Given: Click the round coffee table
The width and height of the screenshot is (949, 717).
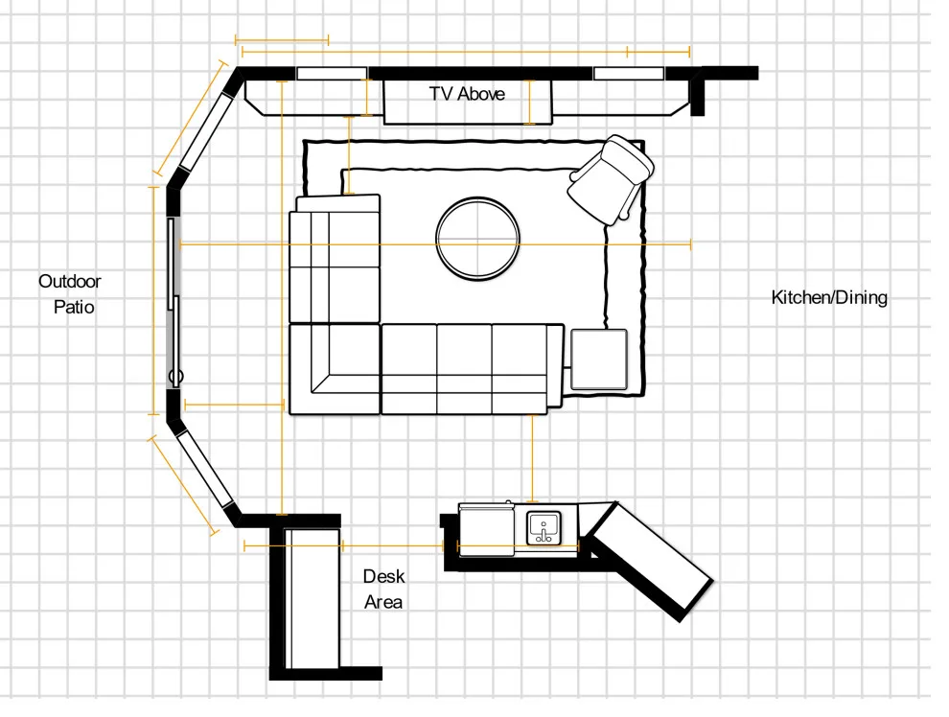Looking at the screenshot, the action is pos(477,239).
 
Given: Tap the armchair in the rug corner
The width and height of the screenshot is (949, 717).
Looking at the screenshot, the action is pos(610,179).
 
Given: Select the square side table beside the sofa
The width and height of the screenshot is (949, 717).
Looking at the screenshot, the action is pos(598,359).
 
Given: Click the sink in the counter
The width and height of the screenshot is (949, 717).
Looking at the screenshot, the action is pos(544,527).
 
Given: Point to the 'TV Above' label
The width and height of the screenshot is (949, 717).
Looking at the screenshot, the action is pos(467,94).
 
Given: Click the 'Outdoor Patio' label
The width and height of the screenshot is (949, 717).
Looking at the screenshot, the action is pos(70,294).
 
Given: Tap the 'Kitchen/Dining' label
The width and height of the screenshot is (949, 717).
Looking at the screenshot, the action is pos(829,297).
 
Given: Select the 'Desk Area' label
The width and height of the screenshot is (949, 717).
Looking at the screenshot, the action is pos(383,589).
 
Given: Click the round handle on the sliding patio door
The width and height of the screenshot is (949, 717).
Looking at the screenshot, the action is pos(176,377).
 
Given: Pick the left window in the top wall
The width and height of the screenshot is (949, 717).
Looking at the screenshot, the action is pos(332,73).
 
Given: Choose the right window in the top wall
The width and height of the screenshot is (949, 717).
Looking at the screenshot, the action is pos(629,73).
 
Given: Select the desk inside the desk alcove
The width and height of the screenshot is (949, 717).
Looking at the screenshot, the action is pos(312,598).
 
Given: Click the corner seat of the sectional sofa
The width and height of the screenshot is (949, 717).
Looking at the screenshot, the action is pos(335,369).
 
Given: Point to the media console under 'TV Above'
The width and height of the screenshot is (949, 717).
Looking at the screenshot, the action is pos(468,102).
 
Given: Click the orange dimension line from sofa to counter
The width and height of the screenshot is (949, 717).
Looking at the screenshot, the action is pos(533,458).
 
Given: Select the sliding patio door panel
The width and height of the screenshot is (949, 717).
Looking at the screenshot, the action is pos(174,303).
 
